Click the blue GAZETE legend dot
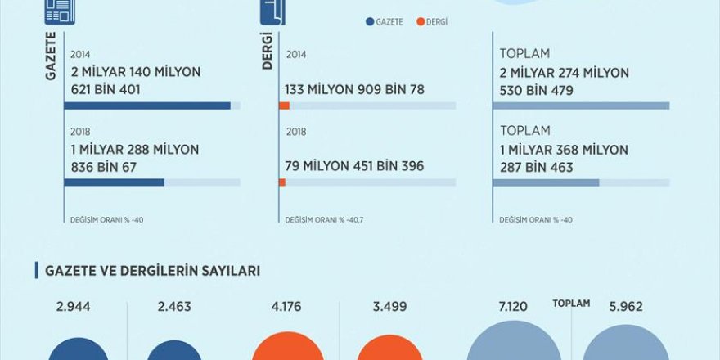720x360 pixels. click(371, 22)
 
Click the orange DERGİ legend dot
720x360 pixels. click(420, 22)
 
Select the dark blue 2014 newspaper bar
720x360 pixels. click(147, 106)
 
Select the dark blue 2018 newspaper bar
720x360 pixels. click(114, 182)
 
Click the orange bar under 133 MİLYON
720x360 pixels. click(284, 106)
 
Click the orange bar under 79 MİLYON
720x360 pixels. click(281, 182)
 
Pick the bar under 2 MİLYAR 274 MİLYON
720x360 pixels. click(581, 106)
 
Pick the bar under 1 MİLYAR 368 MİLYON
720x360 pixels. click(546, 182)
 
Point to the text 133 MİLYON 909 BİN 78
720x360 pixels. click(354, 90)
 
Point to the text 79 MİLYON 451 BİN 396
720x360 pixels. click(354, 166)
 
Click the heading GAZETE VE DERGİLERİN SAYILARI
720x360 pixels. click(153, 271)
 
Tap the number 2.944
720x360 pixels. click(72, 307)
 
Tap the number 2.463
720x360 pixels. click(173, 307)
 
